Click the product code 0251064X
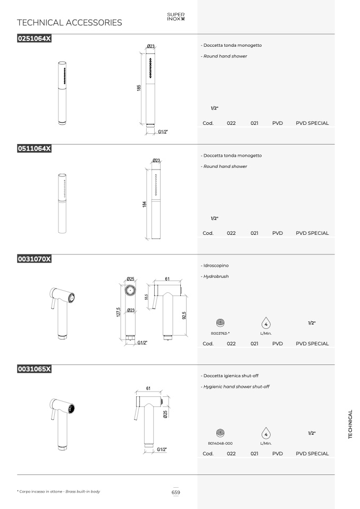35,39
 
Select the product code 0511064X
35,149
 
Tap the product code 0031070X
35,259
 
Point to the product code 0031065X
35,369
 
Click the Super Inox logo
176,16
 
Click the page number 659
176,493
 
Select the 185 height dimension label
139,88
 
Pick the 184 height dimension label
144,204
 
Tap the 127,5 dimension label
119,312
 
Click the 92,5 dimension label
184,316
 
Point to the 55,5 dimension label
147,297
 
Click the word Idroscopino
216,266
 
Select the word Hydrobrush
216,277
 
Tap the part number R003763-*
220,333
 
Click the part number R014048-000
220,444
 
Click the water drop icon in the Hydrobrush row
266,324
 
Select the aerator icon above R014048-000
220,432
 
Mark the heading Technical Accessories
70,23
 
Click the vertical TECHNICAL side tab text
350,425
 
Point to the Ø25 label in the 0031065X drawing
165,414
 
